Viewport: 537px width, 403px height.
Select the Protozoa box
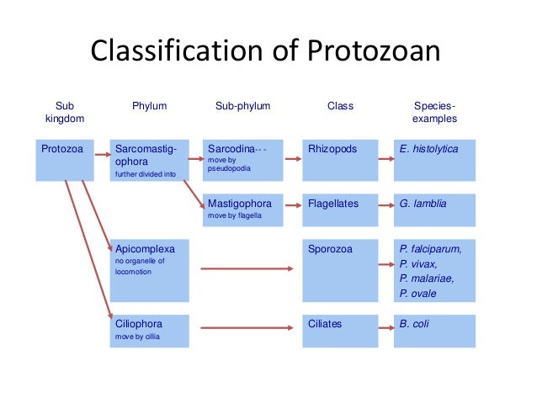(x=64, y=160)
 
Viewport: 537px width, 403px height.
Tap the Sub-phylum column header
(x=243, y=106)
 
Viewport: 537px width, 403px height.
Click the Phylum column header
(x=150, y=106)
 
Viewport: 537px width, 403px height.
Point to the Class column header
(x=340, y=106)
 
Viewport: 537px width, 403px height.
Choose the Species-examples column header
(x=436, y=113)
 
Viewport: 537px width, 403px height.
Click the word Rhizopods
(x=332, y=149)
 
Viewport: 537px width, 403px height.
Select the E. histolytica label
(x=429, y=149)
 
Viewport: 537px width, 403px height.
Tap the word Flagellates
(x=333, y=203)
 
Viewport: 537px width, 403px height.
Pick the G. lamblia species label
(x=423, y=203)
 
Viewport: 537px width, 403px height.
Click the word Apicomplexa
(x=145, y=249)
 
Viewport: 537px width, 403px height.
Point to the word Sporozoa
(x=331, y=249)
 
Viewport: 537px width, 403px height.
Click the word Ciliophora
(x=139, y=323)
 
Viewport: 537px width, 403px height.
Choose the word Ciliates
(x=327, y=323)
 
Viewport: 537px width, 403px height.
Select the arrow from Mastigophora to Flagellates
(x=293, y=204)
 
